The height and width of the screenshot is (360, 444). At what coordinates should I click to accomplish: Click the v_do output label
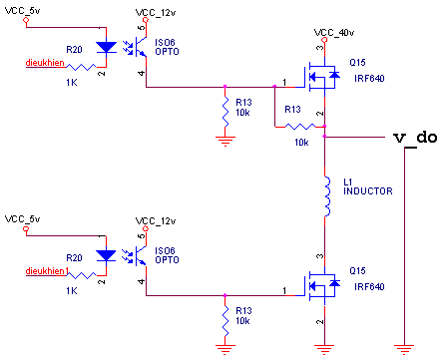point(415,138)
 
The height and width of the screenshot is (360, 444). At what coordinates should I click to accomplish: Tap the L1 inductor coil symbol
point(327,196)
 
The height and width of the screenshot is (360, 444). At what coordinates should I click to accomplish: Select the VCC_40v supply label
point(334,33)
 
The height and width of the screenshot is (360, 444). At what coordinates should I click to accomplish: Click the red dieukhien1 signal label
point(47,271)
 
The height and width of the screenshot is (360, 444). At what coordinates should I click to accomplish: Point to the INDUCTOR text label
point(368,191)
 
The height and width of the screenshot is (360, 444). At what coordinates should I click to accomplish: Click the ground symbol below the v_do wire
point(404,349)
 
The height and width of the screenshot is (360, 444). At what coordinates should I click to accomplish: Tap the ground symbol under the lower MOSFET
point(324,349)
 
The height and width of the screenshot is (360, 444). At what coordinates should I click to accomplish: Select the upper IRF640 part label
point(369,79)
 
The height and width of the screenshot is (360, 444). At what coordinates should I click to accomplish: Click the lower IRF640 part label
point(369,287)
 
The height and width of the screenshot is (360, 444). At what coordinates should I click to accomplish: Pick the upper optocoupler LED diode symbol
point(106,47)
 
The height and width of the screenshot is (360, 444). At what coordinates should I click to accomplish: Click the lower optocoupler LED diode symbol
point(106,255)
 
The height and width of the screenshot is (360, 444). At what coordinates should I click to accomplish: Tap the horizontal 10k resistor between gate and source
point(300,127)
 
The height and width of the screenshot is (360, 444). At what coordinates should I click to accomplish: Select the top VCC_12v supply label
point(156,13)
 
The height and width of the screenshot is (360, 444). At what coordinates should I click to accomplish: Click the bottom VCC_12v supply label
point(156,221)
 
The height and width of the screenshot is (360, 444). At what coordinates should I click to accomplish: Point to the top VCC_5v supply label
point(22,11)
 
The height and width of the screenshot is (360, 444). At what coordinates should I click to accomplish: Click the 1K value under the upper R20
point(72,83)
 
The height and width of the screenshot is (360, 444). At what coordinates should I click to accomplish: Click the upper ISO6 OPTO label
point(167,47)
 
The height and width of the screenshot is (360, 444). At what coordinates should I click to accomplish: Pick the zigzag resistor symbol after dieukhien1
point(82,275)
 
